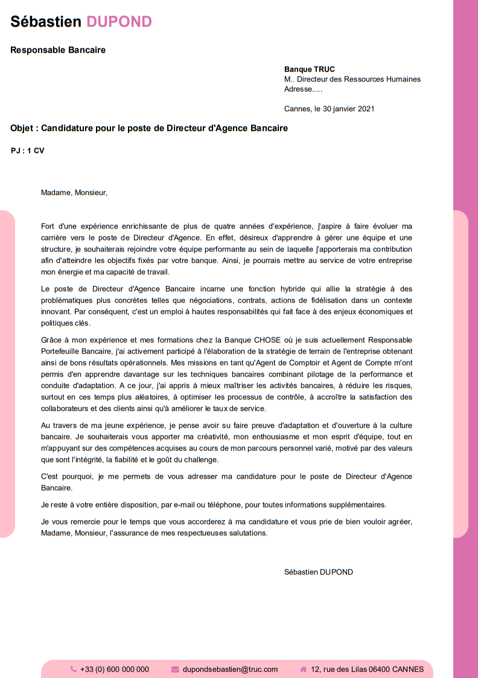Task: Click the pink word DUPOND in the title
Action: (119, 22)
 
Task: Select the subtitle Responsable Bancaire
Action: (58, 50)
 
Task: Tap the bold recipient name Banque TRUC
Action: (309, 69)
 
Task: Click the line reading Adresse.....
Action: (303, 89)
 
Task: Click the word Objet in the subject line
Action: (24, 128)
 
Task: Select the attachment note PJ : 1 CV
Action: (28, 150)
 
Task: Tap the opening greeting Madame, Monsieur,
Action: (74, 193)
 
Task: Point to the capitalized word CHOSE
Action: (263, 340)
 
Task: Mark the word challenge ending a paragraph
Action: (182, 459)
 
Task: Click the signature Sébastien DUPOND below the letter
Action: (319, 572)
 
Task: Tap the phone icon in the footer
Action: (74, 669)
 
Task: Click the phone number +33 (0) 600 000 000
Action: (114, 669)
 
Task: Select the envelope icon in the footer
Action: (175, 669)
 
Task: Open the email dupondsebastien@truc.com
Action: (230, 669)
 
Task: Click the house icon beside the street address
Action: (303, 669)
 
